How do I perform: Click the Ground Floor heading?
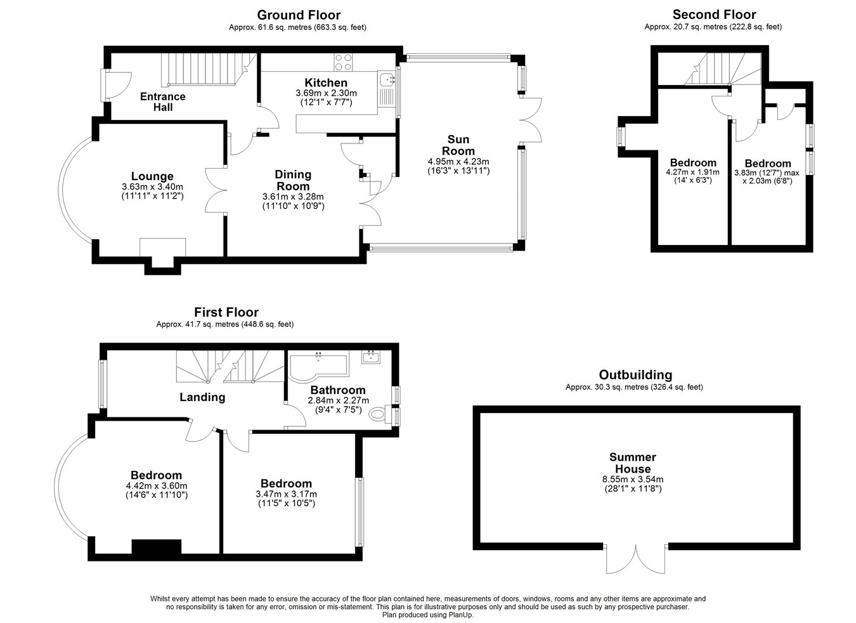299,15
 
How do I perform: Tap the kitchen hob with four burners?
343,62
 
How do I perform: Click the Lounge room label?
152,176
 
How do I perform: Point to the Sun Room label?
458,145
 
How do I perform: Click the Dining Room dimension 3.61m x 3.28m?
293,197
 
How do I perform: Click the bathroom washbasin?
371,357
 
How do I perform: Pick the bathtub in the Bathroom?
318,367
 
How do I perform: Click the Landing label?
202,397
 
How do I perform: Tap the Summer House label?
633,462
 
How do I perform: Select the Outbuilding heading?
635,374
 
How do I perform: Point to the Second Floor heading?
714,15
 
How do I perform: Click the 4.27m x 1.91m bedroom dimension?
692,172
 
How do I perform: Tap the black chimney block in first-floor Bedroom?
156,546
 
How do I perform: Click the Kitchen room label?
326,82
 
